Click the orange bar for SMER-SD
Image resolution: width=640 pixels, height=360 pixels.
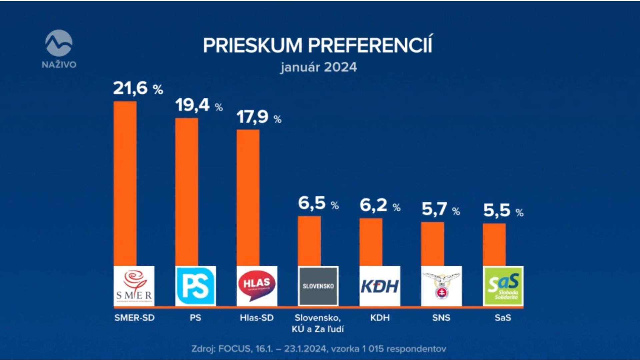point(125,183)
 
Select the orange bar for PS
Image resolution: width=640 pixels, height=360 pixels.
point(187,192)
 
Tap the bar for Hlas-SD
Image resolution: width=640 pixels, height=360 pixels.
point(248,197)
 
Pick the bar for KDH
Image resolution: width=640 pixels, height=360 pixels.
point(371,242)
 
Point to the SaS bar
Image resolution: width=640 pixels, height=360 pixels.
point(494,245)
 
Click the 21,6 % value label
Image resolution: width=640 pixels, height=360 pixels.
point(138,89)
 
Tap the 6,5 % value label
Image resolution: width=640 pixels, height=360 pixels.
point(318,203)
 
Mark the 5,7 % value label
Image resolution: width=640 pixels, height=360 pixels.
point(440,210)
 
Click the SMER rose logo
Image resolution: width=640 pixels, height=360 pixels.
point(134,286)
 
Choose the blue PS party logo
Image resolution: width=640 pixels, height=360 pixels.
point(196,286)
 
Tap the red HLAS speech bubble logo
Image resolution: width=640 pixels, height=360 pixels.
point(257,286)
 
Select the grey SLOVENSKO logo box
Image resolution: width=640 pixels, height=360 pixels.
point(318,286)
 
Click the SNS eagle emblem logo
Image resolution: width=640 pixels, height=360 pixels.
point(441,286)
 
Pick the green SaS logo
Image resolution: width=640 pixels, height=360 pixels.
point(503,286)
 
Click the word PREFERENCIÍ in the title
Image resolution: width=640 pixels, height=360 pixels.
point(370,45)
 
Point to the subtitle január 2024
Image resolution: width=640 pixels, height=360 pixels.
point(318,67)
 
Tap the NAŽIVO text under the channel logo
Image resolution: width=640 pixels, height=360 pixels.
point(59,65)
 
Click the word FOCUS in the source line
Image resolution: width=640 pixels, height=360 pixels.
point(235,349)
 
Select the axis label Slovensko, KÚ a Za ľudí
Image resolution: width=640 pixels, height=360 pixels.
point(318,323)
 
